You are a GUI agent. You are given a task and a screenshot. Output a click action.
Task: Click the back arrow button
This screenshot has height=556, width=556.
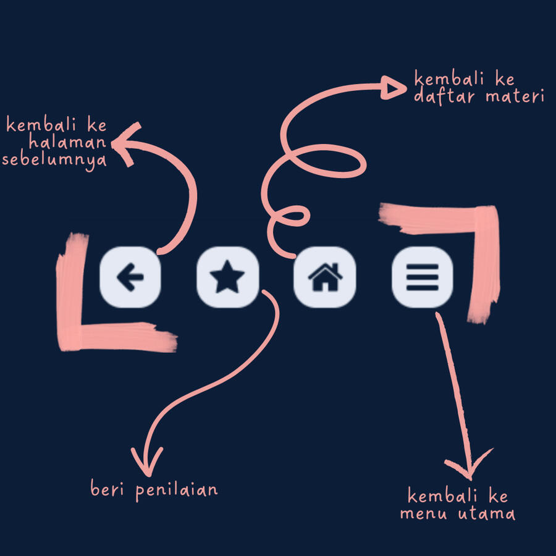[x=130, y=277]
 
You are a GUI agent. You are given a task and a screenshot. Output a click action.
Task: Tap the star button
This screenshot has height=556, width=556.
[x=227, y=277]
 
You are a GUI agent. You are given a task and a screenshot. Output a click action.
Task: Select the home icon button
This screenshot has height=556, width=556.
[x=325, y=277]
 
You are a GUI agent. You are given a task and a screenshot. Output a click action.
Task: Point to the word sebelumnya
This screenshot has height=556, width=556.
[x=54, y=161]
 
